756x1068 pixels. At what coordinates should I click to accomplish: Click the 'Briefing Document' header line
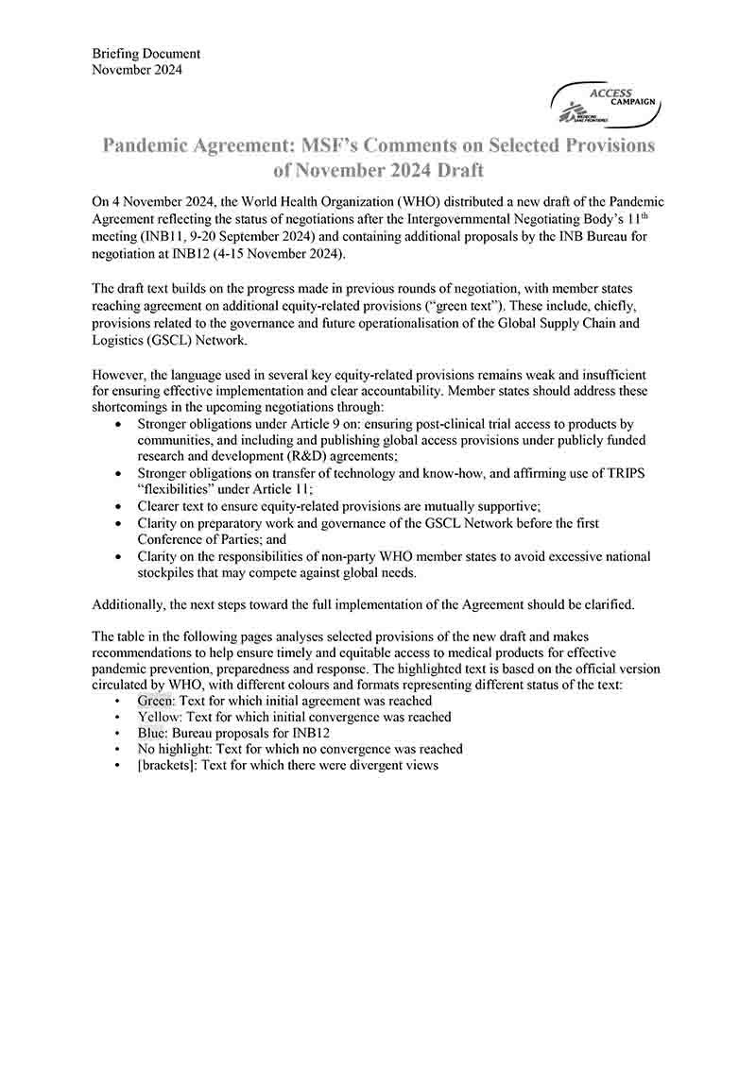[x=146, y=54]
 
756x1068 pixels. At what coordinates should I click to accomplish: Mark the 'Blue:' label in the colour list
[x=152, y=733]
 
